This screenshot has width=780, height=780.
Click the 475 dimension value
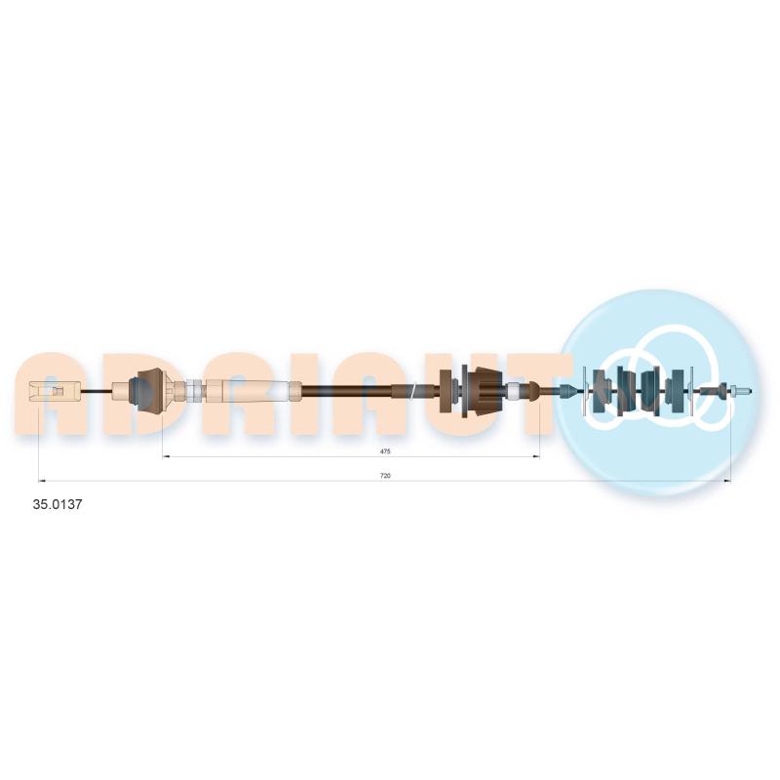[x=385, y=451]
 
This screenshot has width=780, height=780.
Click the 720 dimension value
[x=385, y=476]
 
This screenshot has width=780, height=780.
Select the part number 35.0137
[x=58, y=504]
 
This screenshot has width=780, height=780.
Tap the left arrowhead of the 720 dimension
[x=42, y=481]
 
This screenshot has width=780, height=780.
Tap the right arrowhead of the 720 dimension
[x=727, y=481]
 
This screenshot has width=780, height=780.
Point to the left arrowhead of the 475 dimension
[x=166, y=456]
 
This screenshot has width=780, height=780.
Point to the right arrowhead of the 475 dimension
[x=536, y=456]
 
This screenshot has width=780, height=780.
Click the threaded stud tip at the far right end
[x=743, y=392]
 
